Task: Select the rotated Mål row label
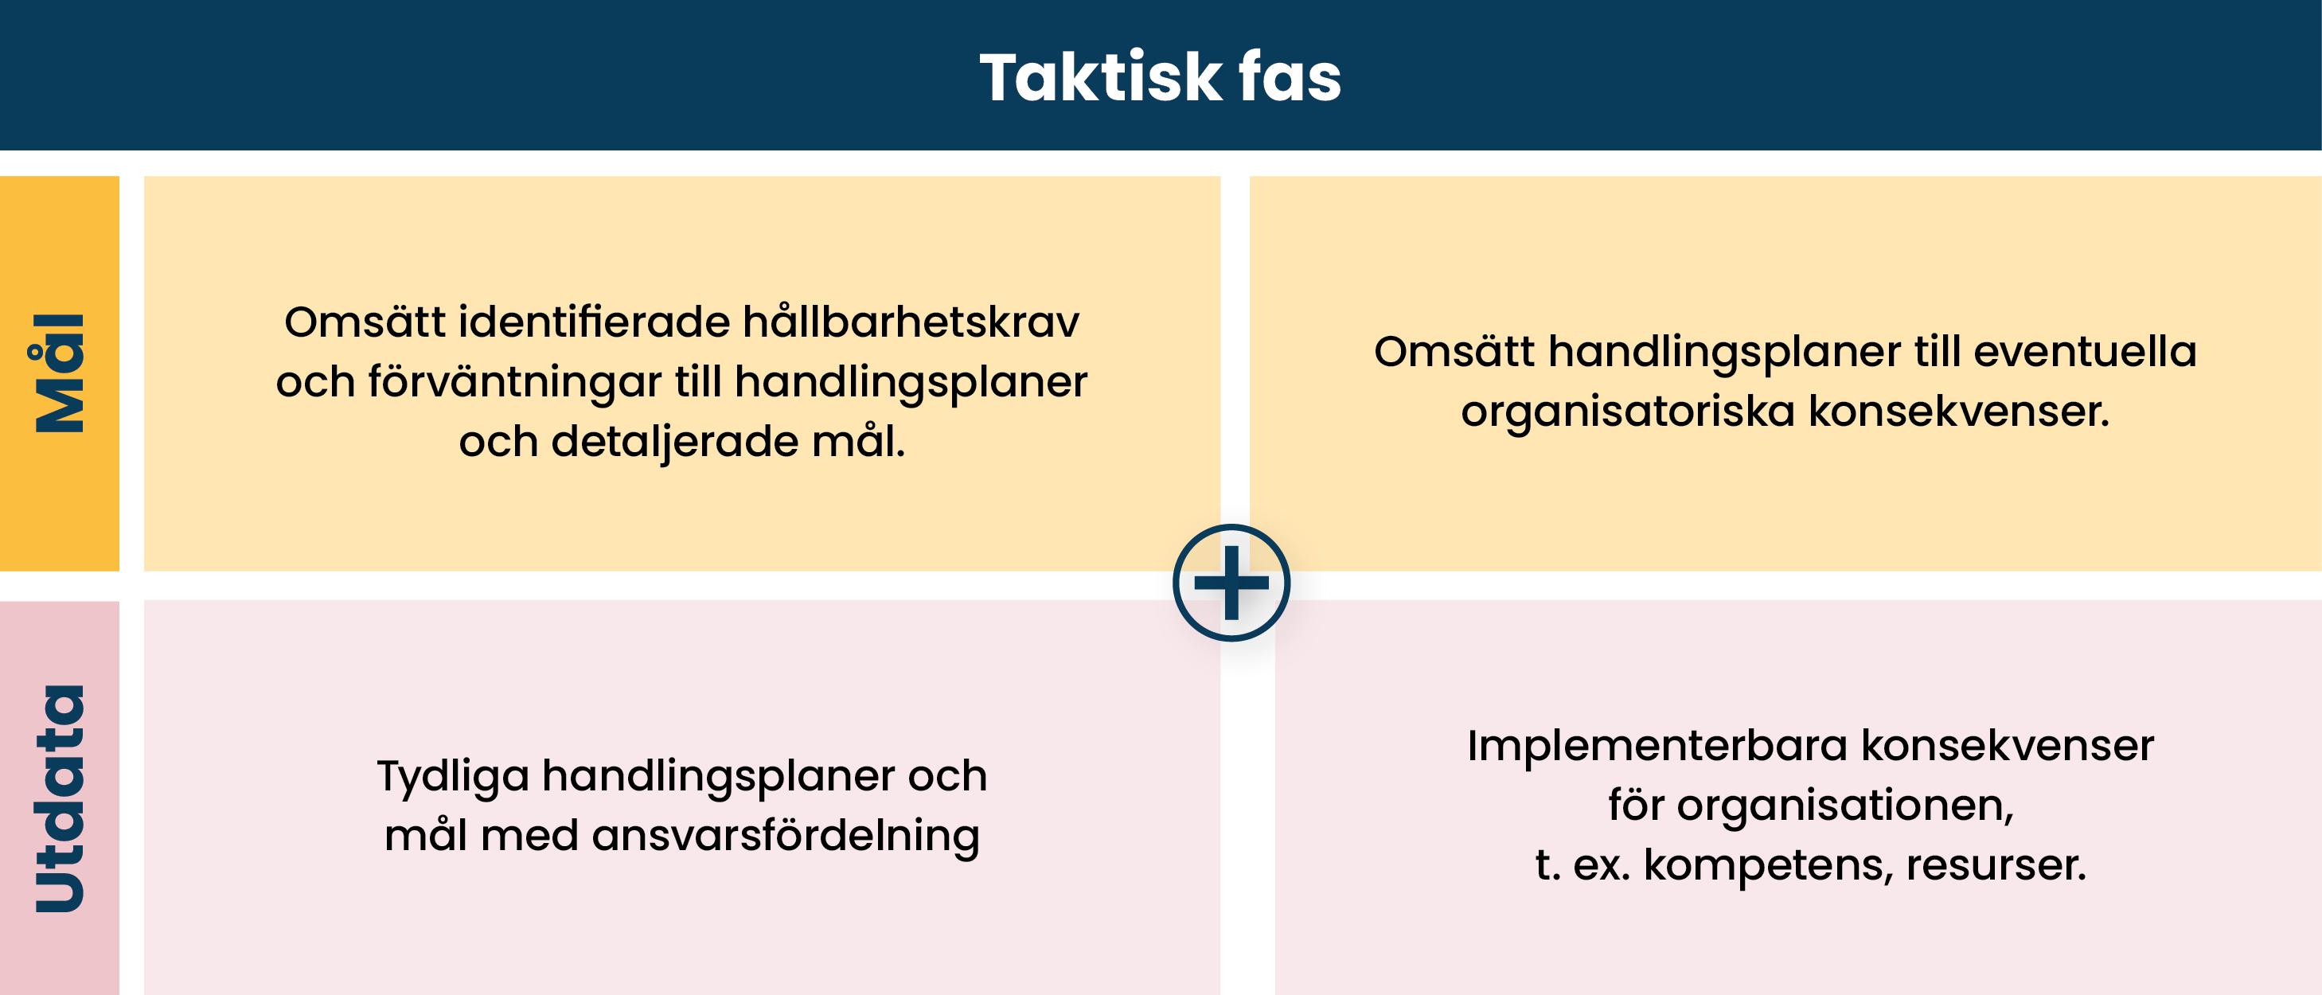[x=60, y=373]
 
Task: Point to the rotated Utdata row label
[x=60, y=798]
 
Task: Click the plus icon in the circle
[x=1231, y=582]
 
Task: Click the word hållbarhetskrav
[x=911, y=322]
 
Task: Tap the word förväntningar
[x=515, y=381]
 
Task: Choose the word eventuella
[x=2085, y=352]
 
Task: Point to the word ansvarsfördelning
[x=785, y=836]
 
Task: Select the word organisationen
[x=1845, y=805]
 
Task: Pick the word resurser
[x=1996, y=865]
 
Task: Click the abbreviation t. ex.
[x=1582, y=865]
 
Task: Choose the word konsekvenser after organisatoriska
[x=1960, y=412]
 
